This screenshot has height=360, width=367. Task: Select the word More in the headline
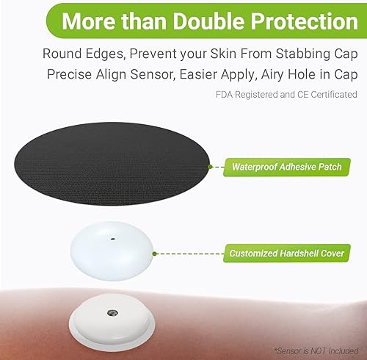[x=86, y=21]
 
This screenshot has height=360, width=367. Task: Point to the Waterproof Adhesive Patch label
[x=288, y=167]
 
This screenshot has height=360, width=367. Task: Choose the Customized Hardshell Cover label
[x=286, y=253]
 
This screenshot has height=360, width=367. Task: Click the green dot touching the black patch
[x=210, y=167]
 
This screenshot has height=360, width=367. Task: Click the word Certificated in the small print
[x=332, y=95]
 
